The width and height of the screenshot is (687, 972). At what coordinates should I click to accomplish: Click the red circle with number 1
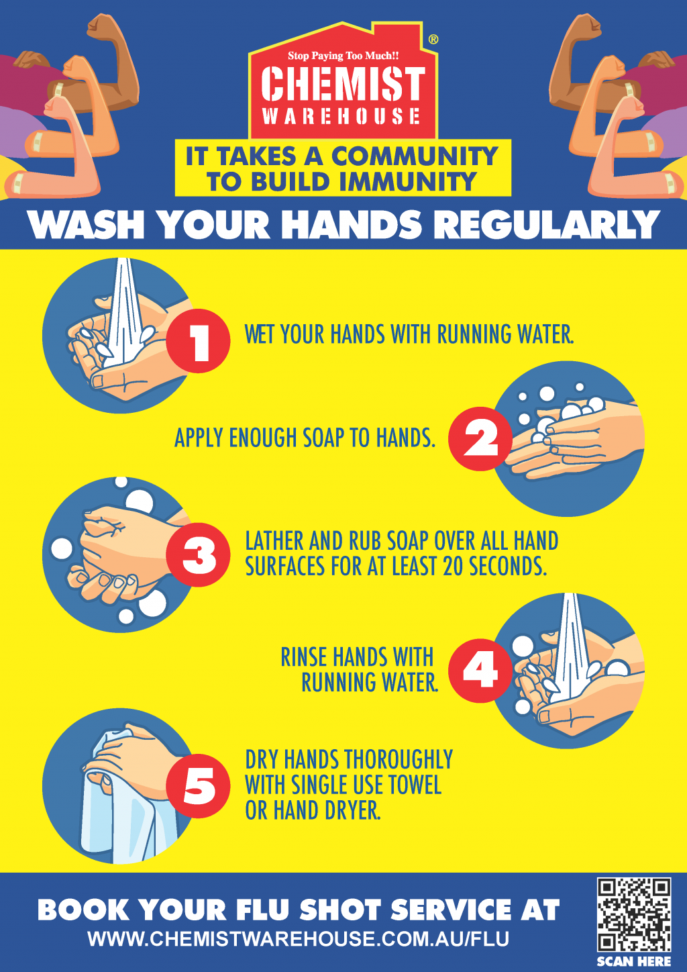[198, 340]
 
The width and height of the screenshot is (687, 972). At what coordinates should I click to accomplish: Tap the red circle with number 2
[480, 439]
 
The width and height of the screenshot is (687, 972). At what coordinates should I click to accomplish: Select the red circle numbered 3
[198, 555]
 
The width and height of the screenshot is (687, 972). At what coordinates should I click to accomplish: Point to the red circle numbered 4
[480, 671]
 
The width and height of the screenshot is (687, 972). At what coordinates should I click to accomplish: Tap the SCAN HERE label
[633, 961]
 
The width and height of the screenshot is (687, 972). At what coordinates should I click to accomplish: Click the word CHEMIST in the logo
[343, 83]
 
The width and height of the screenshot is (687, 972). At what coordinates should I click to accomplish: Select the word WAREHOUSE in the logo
[341, 116]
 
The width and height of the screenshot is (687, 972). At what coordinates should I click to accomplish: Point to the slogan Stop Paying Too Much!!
[343, 56]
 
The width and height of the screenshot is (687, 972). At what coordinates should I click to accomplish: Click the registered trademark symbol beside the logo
[433, 40]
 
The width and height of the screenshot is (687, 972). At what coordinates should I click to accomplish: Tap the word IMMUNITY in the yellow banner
[408, 181]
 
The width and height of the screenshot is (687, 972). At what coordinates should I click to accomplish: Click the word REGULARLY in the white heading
[547, 224]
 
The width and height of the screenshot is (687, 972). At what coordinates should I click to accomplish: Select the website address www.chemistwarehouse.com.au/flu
[299, 938]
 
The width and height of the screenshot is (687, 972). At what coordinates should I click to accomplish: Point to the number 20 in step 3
[454, 567]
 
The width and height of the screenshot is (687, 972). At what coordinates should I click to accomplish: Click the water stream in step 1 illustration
[125, 312]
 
